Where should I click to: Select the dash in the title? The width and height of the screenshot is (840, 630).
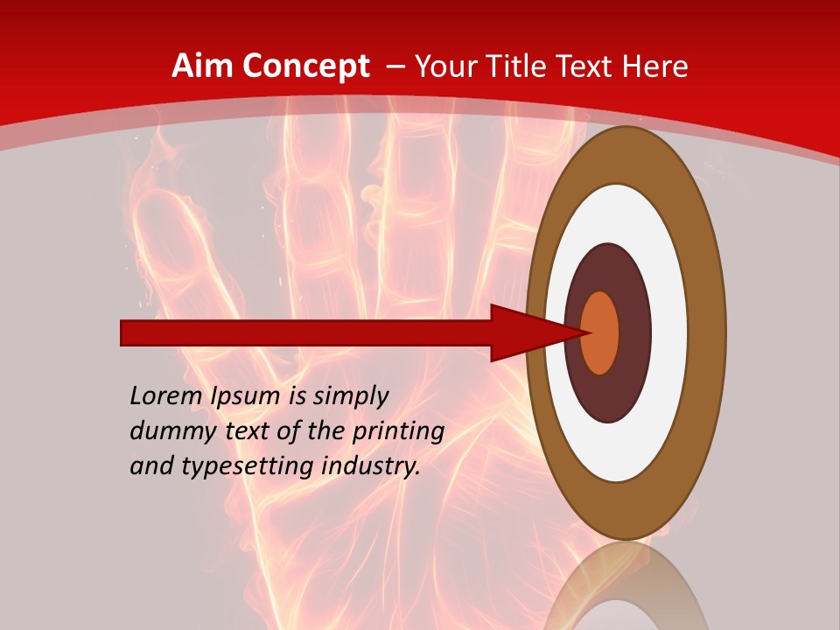(395, 66)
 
